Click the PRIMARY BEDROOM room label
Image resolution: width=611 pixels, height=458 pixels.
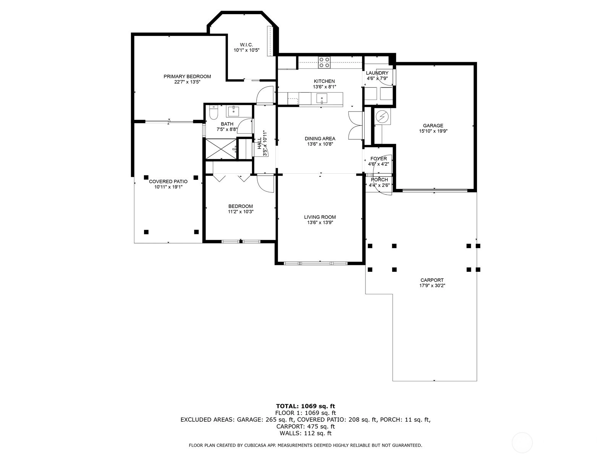pos(187,76)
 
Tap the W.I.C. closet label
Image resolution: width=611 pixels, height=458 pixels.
pos(246,45)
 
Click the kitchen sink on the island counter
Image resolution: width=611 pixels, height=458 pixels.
pos(322,98)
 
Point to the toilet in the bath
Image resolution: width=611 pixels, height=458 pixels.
pos(213,112)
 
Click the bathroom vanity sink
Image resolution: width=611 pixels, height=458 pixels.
pos(233,111)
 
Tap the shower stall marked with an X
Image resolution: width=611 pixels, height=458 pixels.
pos(221,149)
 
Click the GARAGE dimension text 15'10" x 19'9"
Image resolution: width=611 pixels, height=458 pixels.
pos(433,131)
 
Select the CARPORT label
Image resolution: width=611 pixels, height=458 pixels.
pos(432,280)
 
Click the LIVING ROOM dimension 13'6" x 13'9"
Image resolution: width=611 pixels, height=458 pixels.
pos(320,223)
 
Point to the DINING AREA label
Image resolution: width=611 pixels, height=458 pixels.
pos(320,139)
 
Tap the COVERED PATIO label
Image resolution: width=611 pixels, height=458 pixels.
pos(168,182)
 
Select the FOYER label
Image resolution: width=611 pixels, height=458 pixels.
pos(378,159)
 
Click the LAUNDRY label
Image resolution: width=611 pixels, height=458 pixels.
pos(377,73)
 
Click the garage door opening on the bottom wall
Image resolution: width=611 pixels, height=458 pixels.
pos(435,190)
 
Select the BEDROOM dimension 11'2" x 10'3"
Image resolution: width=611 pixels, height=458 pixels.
pos(241,211)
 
